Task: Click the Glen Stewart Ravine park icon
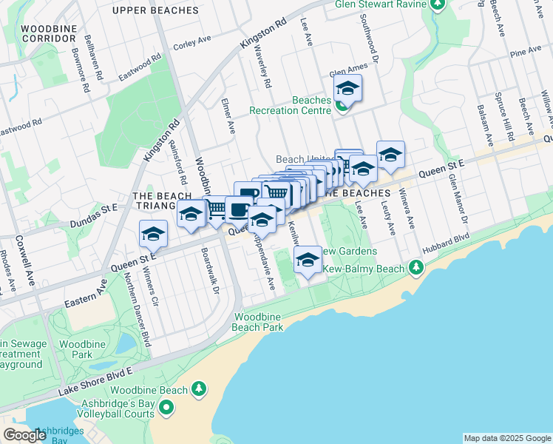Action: point(437,4)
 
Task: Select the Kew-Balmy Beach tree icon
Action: point(417,267)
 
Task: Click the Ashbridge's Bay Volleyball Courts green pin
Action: point(166,407)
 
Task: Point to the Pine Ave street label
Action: point(526,53)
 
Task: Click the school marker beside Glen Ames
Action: point(347,89)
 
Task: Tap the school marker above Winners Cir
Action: point(153,234)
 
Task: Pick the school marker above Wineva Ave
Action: point(390,154)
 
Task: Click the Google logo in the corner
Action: point(24,435)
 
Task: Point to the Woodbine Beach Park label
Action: point(258,321)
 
